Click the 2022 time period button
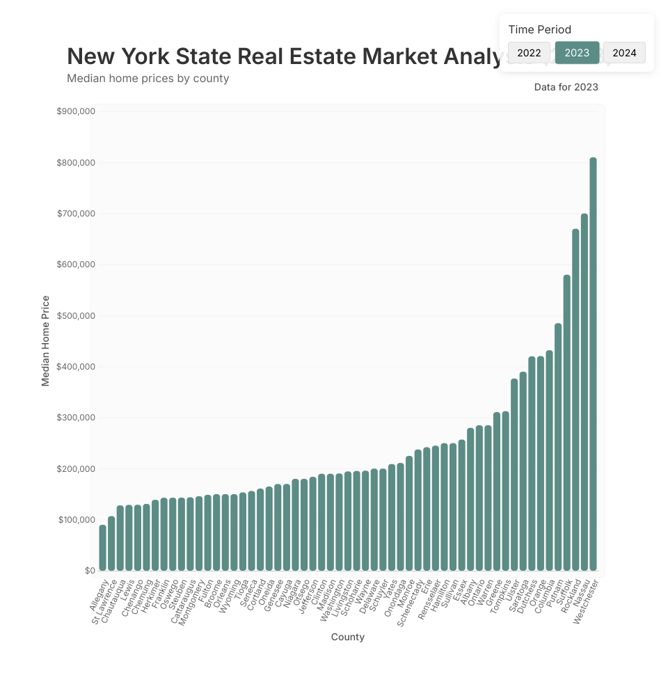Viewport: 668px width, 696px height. [529, 53]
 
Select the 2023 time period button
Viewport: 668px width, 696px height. [577, 53]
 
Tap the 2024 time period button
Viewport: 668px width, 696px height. [624, 53]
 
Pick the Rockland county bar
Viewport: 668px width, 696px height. [575, 400]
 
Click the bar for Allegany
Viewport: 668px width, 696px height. [103, 548]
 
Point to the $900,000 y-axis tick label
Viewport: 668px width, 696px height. [76, 111]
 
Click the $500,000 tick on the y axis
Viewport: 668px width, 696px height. [76, 316]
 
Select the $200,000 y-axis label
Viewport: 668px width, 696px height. [76, 469]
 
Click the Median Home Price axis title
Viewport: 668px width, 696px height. [46, 341]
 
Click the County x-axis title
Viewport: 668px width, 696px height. [348, 637]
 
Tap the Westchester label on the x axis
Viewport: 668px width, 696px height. [587, 601]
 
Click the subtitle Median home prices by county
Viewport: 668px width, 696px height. [148, 78]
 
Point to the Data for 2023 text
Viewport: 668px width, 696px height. [566, 87]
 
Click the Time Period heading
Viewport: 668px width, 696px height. [539, 29]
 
